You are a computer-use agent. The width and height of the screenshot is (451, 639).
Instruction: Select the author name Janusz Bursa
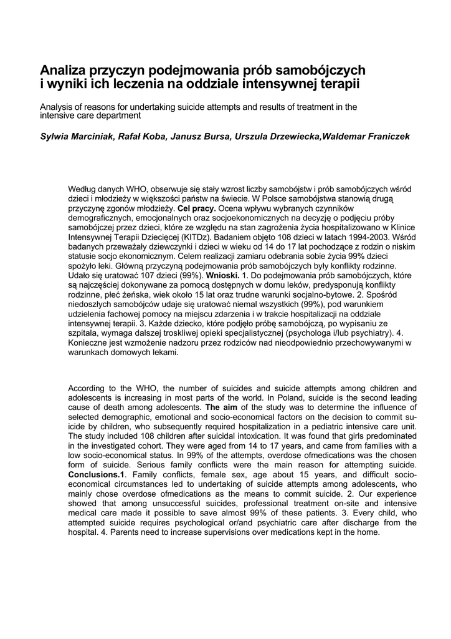[200, 137]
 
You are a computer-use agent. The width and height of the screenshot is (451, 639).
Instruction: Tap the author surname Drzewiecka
[289, 137]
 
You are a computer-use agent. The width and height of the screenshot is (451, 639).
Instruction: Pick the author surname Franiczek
[385, 137]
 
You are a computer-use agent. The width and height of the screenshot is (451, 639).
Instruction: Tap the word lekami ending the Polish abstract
[163, 352]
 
